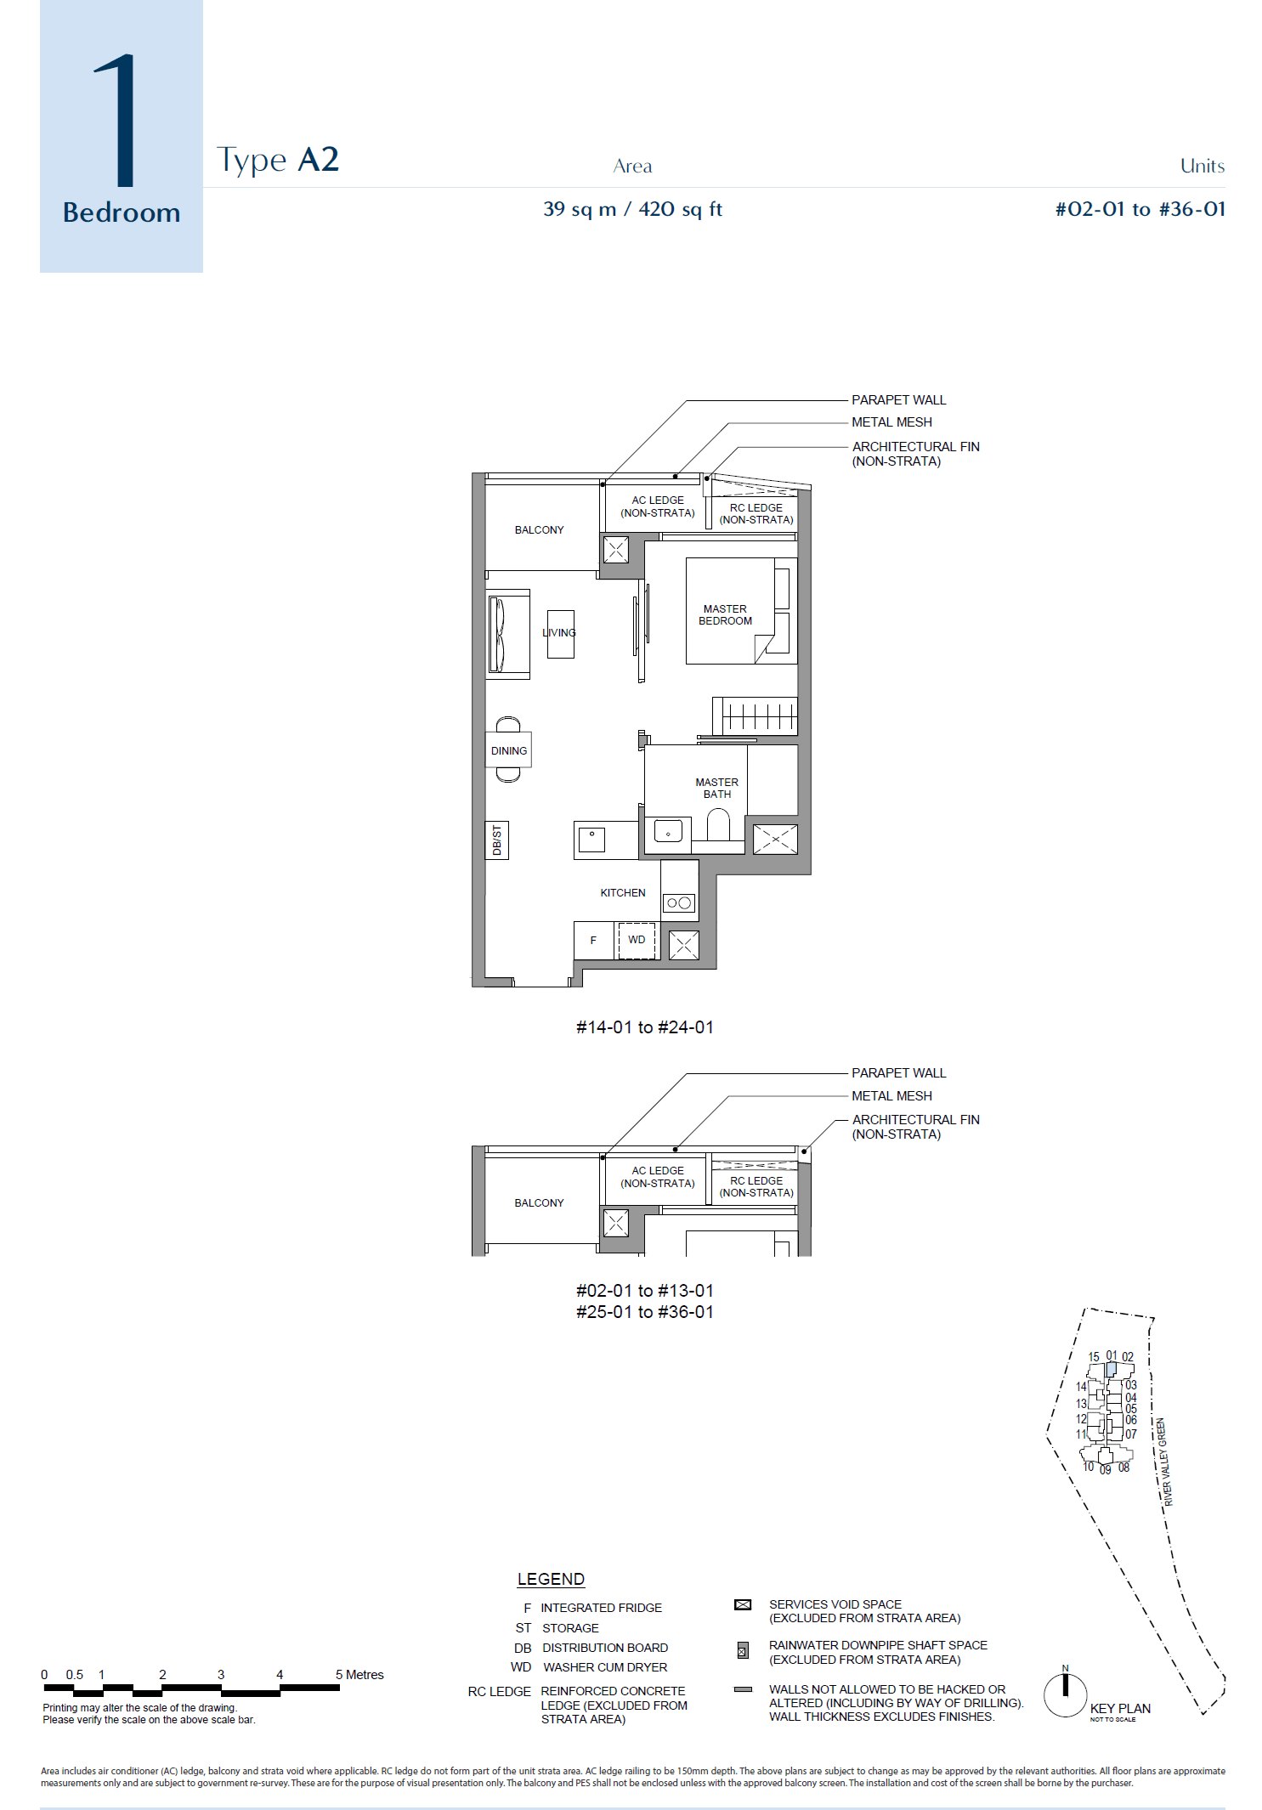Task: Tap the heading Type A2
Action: pos(277,160)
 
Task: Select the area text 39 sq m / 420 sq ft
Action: pos(632,209)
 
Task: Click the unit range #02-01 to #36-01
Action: pos(1139,209)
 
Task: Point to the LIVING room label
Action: pos(559,633)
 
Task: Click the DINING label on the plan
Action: pos(508,751)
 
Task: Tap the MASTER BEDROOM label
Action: pos(725,615)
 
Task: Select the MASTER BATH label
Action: pos(716,789)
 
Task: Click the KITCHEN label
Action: pos(622,893)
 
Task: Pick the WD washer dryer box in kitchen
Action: pos(637,940)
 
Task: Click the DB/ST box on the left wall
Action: pos(497,840)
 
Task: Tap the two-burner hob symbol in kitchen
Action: pos(679,903)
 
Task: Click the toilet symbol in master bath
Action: pos(718,824)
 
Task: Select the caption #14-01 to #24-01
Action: pos(644,1027)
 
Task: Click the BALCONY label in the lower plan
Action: pos(539,1203)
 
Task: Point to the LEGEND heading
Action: pos(551,1580)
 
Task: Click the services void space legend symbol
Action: pos(743,1605)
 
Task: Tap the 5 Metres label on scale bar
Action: pos(359,1675)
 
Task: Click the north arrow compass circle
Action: pos(1065,1695)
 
